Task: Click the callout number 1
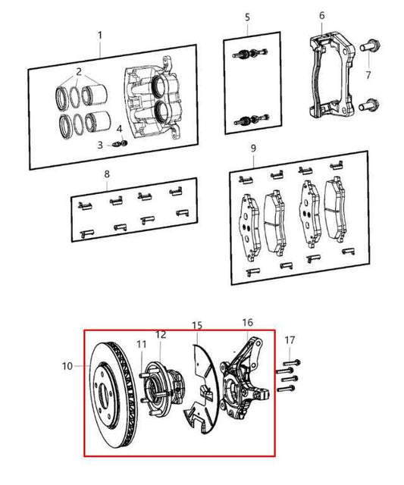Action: click(x=99, y=36)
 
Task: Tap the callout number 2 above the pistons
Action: click(x=79, y=72)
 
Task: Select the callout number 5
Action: click(x=247, y=17)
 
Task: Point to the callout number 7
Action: click(x=368, y=75)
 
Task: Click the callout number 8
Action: click(x=107, y=174)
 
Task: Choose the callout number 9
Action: click(x=253, y=149)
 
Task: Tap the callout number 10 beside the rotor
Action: click(x=67, y=366)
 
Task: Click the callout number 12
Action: click(x=161, y=334)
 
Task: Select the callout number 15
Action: click(x=197, y=325)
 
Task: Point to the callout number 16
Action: click(x=247, y=323)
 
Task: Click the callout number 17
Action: click(x=290, y=340)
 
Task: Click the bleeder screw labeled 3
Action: click(x=117, y=145)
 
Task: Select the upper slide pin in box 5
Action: click(x=250, y=54)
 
